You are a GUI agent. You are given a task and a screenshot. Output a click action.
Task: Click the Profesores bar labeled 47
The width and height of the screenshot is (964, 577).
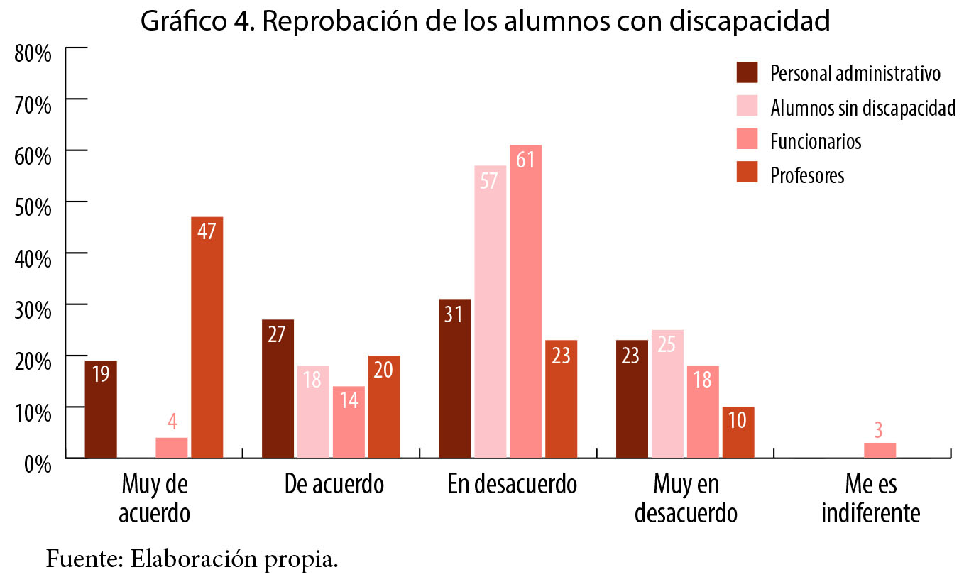[x=207, y=337]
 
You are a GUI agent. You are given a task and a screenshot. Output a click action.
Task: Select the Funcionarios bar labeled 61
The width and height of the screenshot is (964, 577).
[x=525, y=301]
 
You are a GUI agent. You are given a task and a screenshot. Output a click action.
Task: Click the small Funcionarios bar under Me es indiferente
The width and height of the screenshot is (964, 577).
[x=880, y=450]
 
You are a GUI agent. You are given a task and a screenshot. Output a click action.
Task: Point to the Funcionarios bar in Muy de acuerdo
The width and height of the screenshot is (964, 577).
[x=171, y=447]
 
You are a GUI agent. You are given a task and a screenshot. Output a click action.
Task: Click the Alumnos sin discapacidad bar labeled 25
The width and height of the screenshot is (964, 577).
[x=667, y=393]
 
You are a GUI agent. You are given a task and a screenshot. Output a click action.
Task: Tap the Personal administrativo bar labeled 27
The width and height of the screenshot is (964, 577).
[x=278, y=388]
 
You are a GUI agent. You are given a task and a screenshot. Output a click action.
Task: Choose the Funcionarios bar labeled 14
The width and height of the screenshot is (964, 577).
[x=349, y=422]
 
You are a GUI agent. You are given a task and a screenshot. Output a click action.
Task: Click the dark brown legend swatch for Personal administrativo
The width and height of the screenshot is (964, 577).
[x=747, y=73]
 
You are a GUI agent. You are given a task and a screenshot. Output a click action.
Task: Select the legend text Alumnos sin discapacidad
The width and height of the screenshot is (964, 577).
[x=862, y=108]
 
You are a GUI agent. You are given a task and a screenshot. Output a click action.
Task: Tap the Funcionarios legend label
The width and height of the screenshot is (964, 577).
[x=816, y=141]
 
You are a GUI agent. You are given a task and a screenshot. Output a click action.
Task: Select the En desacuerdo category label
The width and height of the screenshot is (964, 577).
[x=512, y=485]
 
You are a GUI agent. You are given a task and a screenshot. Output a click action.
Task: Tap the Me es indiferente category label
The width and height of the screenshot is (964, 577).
[x=870, y=499]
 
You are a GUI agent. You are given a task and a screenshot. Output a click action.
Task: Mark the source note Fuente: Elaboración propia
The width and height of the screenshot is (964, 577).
[x=192, y=559]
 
